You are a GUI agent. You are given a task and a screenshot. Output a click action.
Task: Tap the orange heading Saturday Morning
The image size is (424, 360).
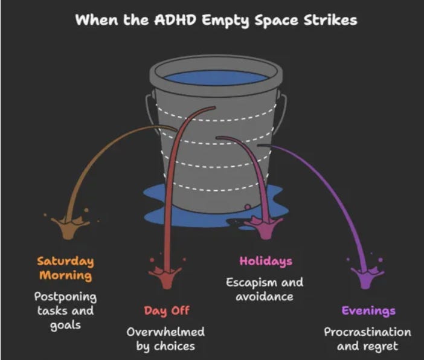[65, 268]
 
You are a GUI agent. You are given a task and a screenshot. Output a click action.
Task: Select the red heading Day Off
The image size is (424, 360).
[166, 311]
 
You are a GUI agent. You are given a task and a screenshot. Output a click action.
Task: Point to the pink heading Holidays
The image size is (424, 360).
[266, 261]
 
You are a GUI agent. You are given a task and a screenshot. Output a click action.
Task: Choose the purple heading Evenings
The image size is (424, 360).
[368, 311]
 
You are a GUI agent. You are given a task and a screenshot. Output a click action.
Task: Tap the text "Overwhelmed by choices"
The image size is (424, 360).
[165, 339]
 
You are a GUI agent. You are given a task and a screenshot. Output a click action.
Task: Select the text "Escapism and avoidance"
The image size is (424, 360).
[265, 289]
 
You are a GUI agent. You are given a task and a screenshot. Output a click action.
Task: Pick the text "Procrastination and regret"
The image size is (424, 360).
[367, 339]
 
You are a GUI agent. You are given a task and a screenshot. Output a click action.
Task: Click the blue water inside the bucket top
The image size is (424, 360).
[216, 78]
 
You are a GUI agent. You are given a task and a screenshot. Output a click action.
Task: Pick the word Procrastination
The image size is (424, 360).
[367, 332]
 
